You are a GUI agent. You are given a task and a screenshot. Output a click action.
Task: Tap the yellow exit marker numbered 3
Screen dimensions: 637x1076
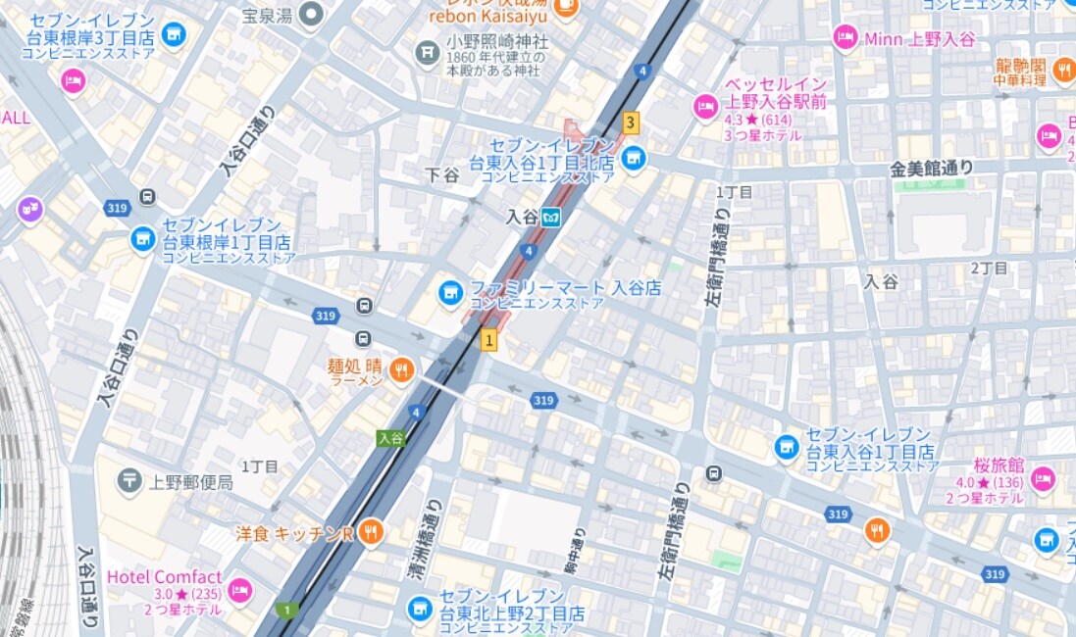(631, 122)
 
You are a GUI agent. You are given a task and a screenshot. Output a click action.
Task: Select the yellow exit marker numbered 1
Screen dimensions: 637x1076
(488, 340)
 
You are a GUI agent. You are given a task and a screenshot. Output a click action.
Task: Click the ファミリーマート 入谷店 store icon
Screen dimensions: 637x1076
(450, 290)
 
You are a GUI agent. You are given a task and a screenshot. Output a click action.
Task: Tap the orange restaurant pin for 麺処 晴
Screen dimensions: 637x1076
(401, 369)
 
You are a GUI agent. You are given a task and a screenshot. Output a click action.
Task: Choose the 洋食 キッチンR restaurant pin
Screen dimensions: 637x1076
(371, 532)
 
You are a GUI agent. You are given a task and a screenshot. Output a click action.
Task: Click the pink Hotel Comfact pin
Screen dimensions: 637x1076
(239, 590)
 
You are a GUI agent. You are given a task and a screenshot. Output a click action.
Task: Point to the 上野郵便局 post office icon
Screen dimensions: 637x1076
(129, 480)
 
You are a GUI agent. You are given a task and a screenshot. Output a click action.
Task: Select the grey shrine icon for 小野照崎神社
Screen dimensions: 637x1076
(428, 51)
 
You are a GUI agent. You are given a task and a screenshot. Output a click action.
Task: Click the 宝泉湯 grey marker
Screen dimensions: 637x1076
(312, 14)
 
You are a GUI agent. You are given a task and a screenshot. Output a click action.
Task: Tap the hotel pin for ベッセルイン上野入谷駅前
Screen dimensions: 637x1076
(705, 107)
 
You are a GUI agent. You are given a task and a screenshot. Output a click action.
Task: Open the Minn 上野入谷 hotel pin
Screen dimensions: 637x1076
(845, 38)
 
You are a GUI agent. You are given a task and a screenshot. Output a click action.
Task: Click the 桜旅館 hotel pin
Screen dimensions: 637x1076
(1043, 479)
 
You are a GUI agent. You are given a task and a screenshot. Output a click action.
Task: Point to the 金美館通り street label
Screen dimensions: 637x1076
(932, 169)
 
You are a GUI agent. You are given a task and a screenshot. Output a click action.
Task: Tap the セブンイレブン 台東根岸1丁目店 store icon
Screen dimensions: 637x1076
(144, 238)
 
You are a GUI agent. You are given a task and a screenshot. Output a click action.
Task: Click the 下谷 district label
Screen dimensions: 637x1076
(441, 176)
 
